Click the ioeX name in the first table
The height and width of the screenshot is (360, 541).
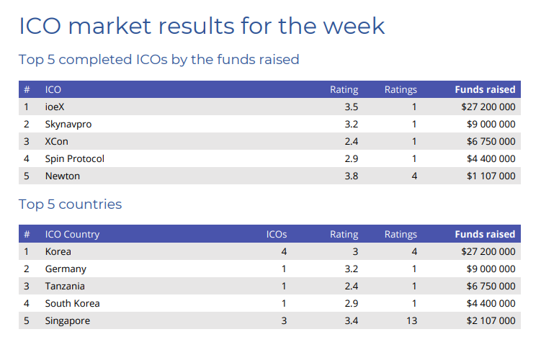click(x=55, y=107)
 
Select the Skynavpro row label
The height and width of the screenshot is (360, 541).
click(x=68, y=124)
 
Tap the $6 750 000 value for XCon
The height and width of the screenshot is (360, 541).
click(x=491, y=141)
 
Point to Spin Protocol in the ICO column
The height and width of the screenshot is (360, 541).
click(x=74, y=158)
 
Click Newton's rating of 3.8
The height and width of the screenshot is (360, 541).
click(x=352, y=176)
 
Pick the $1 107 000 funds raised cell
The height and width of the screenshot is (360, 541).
click(x=491, y=176)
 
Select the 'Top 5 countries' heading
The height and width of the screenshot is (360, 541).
click(x=71, y=204)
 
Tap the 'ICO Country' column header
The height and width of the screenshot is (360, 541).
click(x=73, y=235)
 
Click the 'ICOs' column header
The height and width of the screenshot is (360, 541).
click(x=277, y=235)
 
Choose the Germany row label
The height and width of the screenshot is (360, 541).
click(x=66, y=269)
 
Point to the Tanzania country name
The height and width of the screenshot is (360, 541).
click(x=65, y=287)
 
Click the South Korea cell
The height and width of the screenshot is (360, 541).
click(x=73, y=303)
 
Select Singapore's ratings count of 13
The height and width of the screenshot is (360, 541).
click(x=411, y=320)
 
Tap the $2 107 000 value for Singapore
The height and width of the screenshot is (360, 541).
click(x=491, y=320)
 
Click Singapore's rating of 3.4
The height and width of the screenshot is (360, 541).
click(x=352, y=320)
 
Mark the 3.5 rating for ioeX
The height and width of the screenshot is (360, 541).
click(x=352, y=107)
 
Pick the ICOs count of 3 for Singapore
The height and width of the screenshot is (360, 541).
click(x=284, y=320)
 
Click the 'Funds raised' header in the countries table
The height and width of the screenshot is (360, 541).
click(x=485, y=235)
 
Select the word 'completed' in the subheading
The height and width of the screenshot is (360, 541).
click(x=95, y=60)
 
